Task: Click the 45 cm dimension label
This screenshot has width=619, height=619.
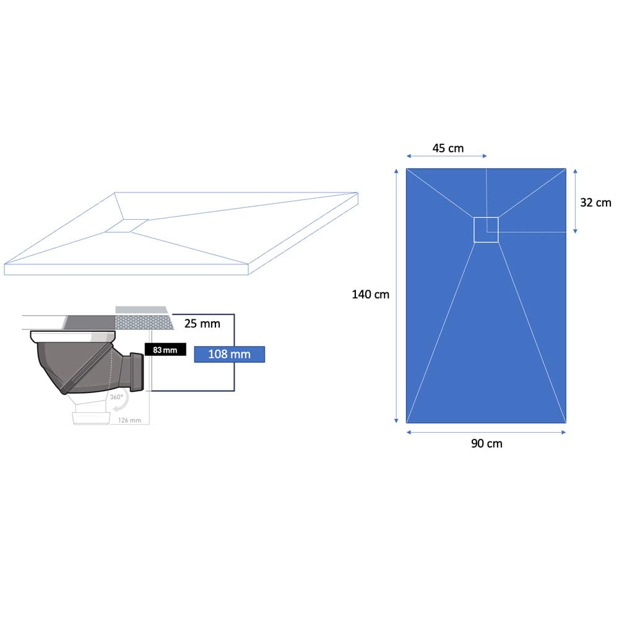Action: pos(448,148)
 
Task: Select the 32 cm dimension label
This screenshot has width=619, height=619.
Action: pos(595,202)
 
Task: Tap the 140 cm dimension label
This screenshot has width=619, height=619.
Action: pos(370,295)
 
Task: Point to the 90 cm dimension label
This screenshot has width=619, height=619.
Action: pos(487,444)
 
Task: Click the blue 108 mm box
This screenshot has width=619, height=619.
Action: pos(230,354)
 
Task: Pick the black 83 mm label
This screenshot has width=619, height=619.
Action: pos(165,350)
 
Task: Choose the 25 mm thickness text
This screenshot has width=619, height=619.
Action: pos(202,324)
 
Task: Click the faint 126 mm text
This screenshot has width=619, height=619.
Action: pos(129,420)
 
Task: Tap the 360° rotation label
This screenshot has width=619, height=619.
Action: pos(116,397)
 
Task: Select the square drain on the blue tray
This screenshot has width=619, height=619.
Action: pos(486,230)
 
